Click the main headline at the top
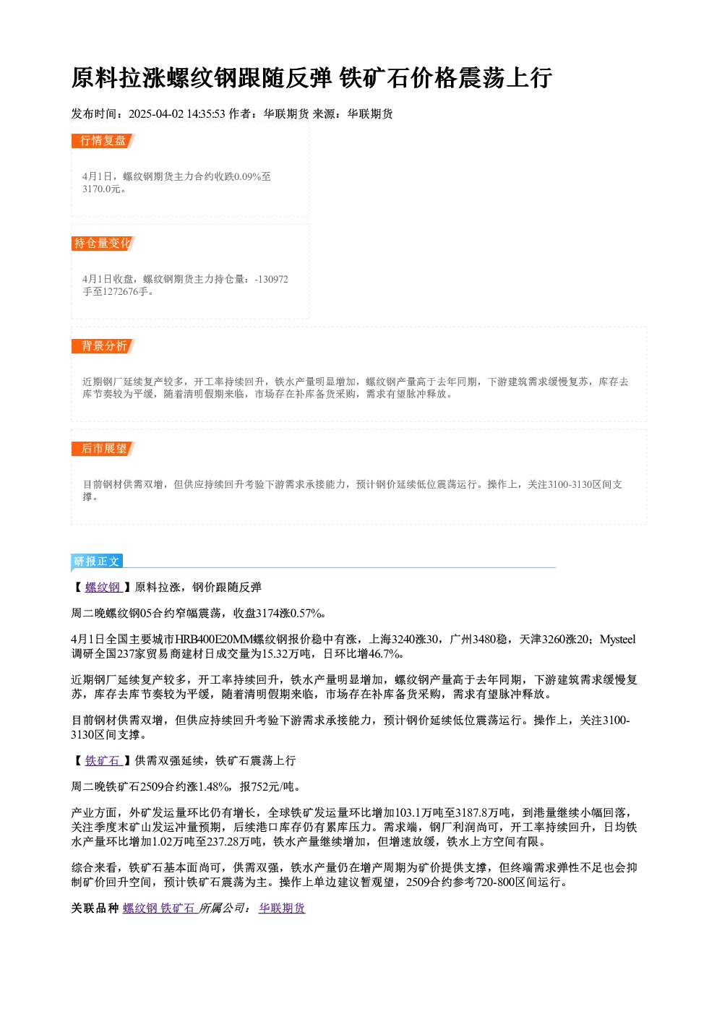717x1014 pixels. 312,77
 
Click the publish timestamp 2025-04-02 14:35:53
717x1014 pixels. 177,114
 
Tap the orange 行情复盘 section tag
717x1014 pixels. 103,141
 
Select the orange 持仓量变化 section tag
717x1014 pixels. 103,244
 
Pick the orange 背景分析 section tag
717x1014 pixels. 103,346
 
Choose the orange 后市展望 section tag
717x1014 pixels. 103,449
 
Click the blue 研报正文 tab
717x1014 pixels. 97,562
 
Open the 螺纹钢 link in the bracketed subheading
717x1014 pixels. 103,588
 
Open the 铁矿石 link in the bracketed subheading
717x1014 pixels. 103,761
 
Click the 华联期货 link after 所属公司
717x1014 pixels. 282,908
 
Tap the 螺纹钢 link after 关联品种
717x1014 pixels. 140,908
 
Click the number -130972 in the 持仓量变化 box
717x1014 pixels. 272,279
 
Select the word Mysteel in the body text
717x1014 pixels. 618,640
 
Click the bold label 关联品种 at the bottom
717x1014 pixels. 95,908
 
